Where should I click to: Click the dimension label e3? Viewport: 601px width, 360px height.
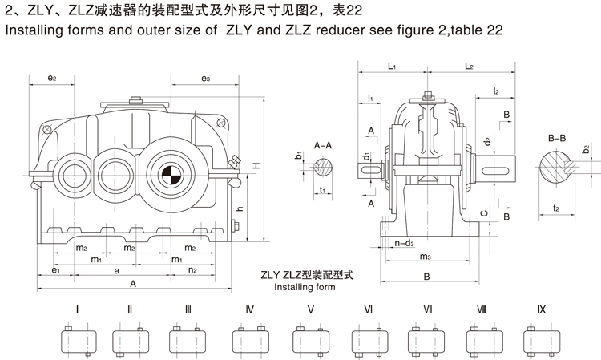pos(206,79)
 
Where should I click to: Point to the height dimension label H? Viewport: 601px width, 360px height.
pos(256,165)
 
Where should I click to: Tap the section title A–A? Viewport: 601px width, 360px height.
pos(325,145)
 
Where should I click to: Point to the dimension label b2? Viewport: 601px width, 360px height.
pos(586,149)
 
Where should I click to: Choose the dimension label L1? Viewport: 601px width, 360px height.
pos(392,67)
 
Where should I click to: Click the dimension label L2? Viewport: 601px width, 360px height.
pos(470,67)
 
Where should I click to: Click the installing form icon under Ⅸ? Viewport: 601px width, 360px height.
pos(541,342)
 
